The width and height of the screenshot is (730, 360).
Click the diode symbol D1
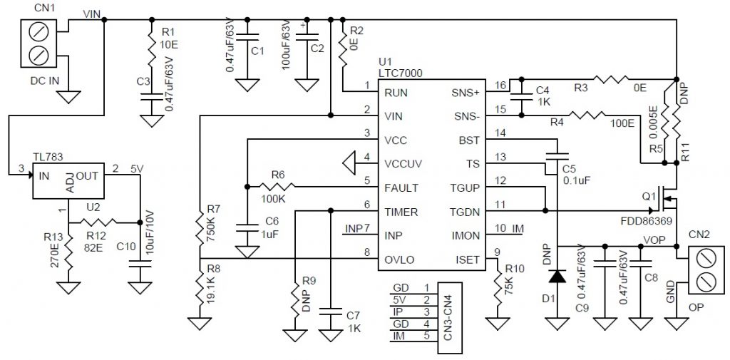557,277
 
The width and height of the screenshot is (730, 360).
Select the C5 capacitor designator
568,168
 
